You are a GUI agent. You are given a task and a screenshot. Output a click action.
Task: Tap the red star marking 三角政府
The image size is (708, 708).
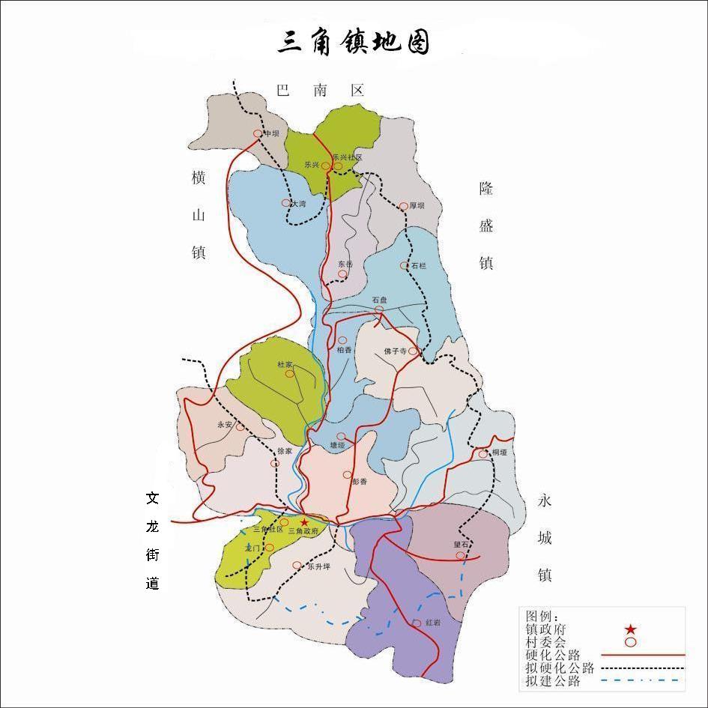pyautogui.click(x=304, y=521)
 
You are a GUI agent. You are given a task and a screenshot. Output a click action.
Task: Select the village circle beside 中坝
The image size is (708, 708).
pyautogui.click(x=258, y=133)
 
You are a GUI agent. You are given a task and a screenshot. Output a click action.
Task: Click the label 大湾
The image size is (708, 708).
pyautogui.click(x=298, y=203)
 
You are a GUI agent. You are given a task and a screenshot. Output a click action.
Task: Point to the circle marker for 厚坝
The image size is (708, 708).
pyautogui.click(x=403, y=205)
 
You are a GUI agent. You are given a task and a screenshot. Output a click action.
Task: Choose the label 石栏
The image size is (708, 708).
pyautogui.click(x=418, y=265)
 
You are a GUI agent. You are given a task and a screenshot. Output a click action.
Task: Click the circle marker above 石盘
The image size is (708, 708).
pyautogui.click(x=380, y=309)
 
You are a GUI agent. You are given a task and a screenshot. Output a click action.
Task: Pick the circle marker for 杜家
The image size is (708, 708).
pyautogui.click(x=289, y=373)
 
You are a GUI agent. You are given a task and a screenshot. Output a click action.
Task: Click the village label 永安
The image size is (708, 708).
pyautogui.click(x=225, y=424)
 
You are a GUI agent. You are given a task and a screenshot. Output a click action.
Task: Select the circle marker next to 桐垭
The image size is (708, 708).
pyautogui.click(x=483, y=453)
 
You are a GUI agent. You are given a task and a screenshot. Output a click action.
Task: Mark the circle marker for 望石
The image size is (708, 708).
pyautogui.click(x=460, y=555)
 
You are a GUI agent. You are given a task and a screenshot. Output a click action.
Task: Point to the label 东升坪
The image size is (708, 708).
pyautogui.click(x=318, y=567)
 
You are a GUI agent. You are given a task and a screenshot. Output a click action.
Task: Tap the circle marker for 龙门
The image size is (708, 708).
pyautogui.click(x=270, y=548)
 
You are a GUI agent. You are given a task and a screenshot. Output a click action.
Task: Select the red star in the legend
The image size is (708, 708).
pyautogui.click(x=631, y=629)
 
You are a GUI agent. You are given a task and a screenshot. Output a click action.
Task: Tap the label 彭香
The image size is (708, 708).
pyautogui.click(x=360, y=482)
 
